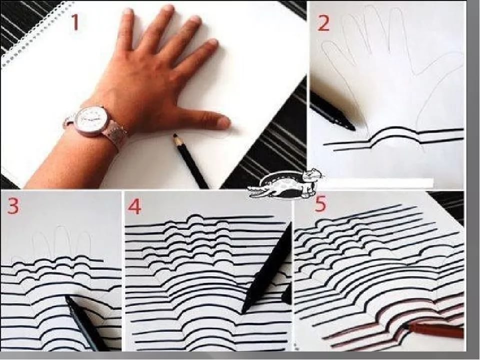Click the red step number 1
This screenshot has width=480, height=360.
(x=75, y=23)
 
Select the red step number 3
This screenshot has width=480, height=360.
(x=13, y=205)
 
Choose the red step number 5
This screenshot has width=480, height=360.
(x=320, y=204)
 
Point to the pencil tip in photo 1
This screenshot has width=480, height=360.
(x=175, y=135)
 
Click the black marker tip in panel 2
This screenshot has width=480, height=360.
(x=352, y=127)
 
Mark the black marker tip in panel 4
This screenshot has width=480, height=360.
(x=243, y=310)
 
